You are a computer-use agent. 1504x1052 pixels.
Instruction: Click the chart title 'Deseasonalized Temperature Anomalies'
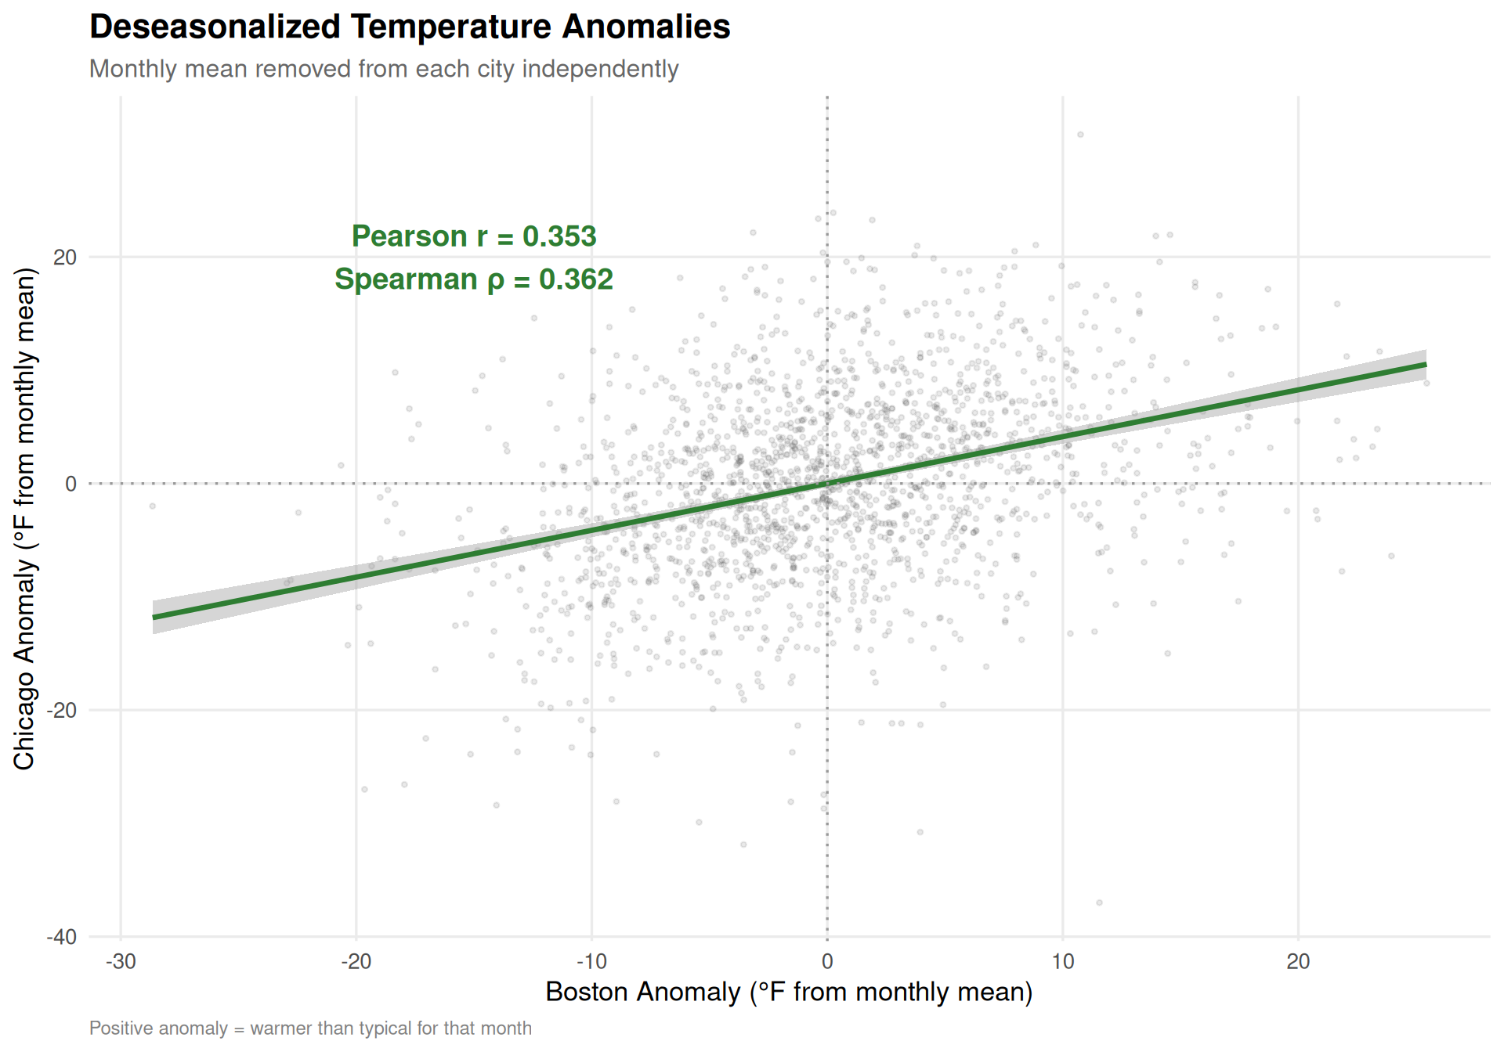[x=410, y=27]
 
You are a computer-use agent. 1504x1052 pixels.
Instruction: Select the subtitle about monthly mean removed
[x=384, y=69]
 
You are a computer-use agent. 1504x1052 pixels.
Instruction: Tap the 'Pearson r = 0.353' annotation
[x=474, y=236]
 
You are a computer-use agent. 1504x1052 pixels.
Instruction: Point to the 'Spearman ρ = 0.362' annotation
[x=474, y=279]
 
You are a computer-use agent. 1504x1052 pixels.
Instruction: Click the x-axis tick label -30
[x=121, y=962]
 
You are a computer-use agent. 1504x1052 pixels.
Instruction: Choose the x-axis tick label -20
[x=356, y=962]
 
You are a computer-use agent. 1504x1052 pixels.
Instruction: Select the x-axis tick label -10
[x=591, y=962]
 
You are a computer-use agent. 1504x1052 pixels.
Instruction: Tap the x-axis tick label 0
[x=827, y=962]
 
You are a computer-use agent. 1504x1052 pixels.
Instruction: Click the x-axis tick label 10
[x=1062, y=962]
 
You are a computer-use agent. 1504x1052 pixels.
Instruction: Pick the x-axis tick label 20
[x=1298, y=962]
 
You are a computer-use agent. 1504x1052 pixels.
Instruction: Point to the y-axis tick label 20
[x=66, y=258]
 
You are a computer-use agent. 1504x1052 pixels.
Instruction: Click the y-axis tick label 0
[x=71, y=484]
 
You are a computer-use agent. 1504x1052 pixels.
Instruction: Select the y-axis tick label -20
[x=63, y=711]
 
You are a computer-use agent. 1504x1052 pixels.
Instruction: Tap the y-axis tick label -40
[x=63, y=937]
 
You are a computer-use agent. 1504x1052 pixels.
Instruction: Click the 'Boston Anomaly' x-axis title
[x=789, y=992]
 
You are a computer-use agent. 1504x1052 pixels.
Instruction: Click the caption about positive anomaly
[x=310, y=1029]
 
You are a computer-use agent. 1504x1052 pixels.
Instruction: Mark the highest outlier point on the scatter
[x=1080, y=135]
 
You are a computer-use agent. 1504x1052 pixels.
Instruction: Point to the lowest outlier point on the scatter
[x=1099, y=902]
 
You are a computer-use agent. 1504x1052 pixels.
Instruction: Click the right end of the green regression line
[x=1425, y=365]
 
